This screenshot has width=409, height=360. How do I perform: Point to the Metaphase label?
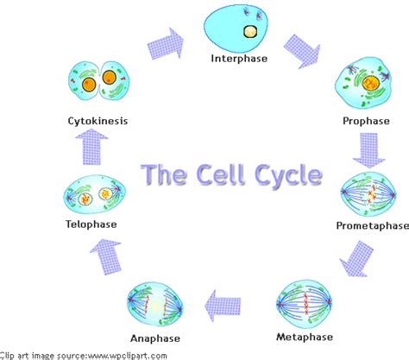(x=303, y=336)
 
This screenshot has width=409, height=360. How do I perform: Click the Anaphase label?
(x=155, y=337)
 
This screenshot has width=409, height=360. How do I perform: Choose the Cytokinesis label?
(x=98, y=121)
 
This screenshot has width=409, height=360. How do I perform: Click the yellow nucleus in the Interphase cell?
(x=249, y=32)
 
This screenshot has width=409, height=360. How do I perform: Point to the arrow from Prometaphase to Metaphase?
(x=355, y=257)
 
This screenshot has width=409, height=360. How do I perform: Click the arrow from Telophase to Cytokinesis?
(x=94, y=151)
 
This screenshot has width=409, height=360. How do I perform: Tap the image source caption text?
(x=84, y=354)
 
